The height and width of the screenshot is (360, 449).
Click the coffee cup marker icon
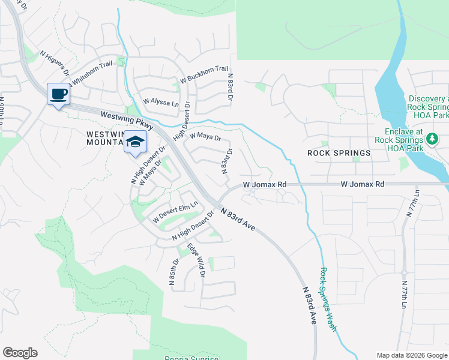58,94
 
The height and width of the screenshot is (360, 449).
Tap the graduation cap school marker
136,142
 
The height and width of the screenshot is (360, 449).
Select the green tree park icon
432,139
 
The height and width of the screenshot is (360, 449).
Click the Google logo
20,353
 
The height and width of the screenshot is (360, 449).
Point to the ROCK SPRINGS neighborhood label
339,153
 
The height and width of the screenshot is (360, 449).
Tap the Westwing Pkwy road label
127,120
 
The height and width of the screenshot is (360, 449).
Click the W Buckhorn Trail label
204,74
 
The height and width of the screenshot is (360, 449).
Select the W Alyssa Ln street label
161,103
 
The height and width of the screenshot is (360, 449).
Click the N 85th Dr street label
172,271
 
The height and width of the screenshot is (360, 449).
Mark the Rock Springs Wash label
327,299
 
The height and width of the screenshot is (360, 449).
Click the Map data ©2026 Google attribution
412,355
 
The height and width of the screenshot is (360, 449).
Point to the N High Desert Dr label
148,164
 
